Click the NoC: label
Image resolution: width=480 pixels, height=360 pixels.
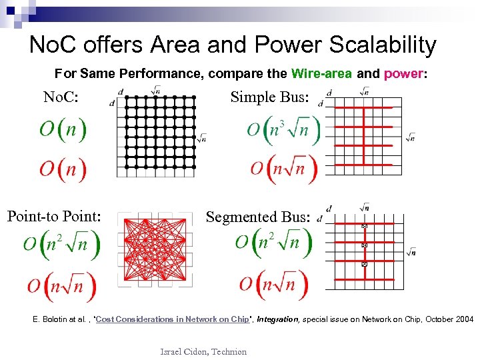coord(61,98)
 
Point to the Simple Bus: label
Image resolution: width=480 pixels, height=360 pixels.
coord(270,97)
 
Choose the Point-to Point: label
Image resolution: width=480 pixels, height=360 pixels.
coord(54,216)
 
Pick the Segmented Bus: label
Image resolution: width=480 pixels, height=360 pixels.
coord(258,217)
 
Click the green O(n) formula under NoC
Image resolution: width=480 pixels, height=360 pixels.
coord(63,129)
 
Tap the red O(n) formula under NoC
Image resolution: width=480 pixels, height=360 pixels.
coord(63,169)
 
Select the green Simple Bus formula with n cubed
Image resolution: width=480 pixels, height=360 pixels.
coord(283,129)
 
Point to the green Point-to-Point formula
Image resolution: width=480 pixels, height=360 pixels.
coord(62,243)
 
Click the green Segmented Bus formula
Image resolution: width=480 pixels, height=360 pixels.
coord(273,242)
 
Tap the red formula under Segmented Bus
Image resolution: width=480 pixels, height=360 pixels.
coord(275,285)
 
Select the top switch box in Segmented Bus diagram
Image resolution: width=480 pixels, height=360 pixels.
coord(365,227)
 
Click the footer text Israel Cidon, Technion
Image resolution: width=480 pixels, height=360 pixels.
coord(203,351)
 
